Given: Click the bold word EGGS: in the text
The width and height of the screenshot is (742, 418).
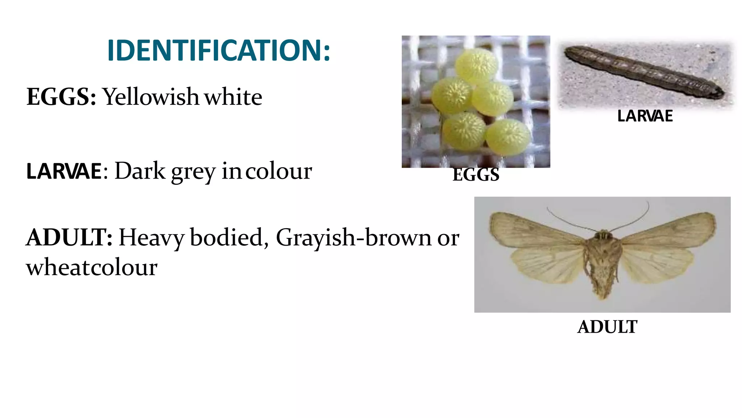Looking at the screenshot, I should [x=61, y=97].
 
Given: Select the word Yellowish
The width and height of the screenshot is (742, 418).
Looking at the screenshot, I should [x=151, y=97].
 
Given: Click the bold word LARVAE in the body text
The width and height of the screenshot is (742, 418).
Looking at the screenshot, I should [x=64, y=171].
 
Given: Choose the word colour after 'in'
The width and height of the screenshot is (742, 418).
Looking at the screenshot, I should [x=278, y=171].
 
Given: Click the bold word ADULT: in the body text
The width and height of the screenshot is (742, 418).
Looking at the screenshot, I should [x=69, y=238].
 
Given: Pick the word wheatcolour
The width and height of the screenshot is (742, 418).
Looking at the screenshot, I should [x=92, y=267].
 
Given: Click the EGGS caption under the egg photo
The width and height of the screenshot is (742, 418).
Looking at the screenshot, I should [x=476, y=175].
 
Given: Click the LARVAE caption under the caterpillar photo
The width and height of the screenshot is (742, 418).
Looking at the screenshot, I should [x=645, y=116].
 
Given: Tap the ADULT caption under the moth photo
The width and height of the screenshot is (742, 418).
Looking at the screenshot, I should [x=607, y=327].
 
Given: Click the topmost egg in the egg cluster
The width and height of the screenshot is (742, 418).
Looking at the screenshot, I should [x=476, y=65].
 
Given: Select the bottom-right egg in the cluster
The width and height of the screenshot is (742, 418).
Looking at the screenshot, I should [x=508, y=137].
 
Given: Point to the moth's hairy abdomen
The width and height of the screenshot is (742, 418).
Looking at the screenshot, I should [x=602, y=276].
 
